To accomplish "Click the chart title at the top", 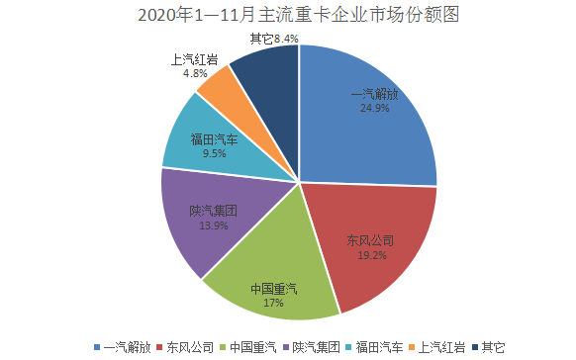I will click(287, 16).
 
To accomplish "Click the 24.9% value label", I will click(375, 109).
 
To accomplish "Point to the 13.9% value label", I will click(214, 225).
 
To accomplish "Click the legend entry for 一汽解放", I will click(123, 347).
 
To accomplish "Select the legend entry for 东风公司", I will click(186, 347).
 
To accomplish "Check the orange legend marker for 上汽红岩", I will click(413, 347).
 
